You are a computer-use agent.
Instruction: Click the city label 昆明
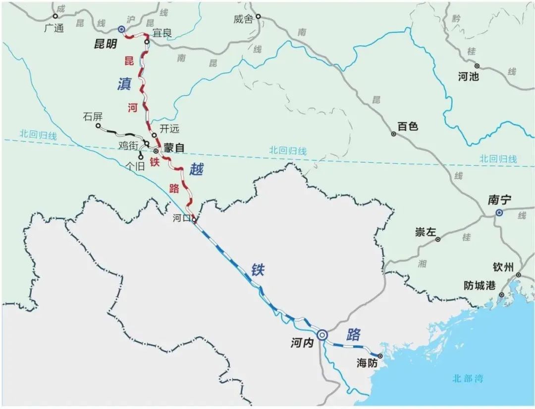[x=106, y=44]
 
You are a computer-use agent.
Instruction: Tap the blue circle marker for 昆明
[x=121, y=30]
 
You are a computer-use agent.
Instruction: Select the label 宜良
[x=162, y=33]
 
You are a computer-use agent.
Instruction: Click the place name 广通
[x=54, y=28]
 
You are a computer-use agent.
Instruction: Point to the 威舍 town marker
[x=258, y=16]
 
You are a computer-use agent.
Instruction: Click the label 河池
[x=469, y=77]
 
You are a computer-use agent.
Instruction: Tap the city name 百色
[x=408, y=127]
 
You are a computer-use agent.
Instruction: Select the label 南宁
[x=499, y=200]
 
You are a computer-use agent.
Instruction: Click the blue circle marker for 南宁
[x=499, y=212]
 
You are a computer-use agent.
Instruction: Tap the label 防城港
[x=480, y=286]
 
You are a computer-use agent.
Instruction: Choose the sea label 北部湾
[x=467, y=379]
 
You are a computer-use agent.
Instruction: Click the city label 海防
[x=367, y=364]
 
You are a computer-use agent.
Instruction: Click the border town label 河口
[x=181, y=218]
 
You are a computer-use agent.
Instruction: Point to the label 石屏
[x=93, y=117]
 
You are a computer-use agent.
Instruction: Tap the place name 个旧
[x=135, y=166]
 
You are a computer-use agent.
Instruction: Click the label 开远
[x=169, y=129]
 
